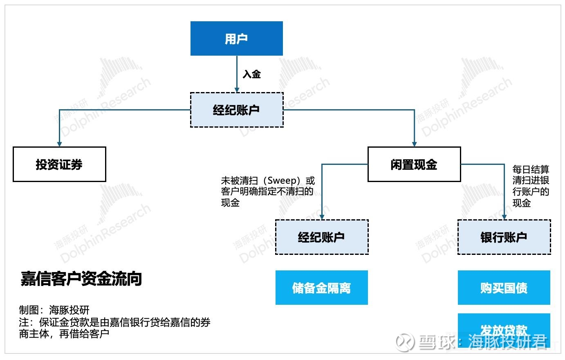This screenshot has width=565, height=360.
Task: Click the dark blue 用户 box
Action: [237, 38]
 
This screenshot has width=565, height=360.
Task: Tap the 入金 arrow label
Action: [252, 74]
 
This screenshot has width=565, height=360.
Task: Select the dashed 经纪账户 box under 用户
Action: [237, 110]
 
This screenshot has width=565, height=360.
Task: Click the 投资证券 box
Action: [59, 164]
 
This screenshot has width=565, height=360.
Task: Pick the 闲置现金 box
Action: [414, 164]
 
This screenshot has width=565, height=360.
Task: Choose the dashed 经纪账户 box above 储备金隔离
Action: [322, 237]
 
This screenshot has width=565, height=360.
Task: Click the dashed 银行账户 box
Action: [504, 237]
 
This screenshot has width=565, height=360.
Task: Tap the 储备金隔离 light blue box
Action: [322, 288]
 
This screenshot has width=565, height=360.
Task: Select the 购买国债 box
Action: [504, 288]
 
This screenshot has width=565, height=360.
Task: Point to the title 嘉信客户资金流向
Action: [81, 279]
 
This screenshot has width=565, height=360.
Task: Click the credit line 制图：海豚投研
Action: [54, 310]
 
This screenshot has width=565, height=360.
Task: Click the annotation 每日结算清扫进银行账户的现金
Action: [531, 186]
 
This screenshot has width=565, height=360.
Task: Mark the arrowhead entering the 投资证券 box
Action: [59, 144]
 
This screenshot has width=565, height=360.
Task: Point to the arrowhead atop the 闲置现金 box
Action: [414, 144]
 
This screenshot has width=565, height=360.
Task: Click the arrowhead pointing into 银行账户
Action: [504, 217]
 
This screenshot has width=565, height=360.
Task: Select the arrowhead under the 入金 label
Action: [237, 90]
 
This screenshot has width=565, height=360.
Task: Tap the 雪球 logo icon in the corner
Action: [405, 342]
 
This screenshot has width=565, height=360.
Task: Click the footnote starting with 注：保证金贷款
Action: [115, 328]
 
